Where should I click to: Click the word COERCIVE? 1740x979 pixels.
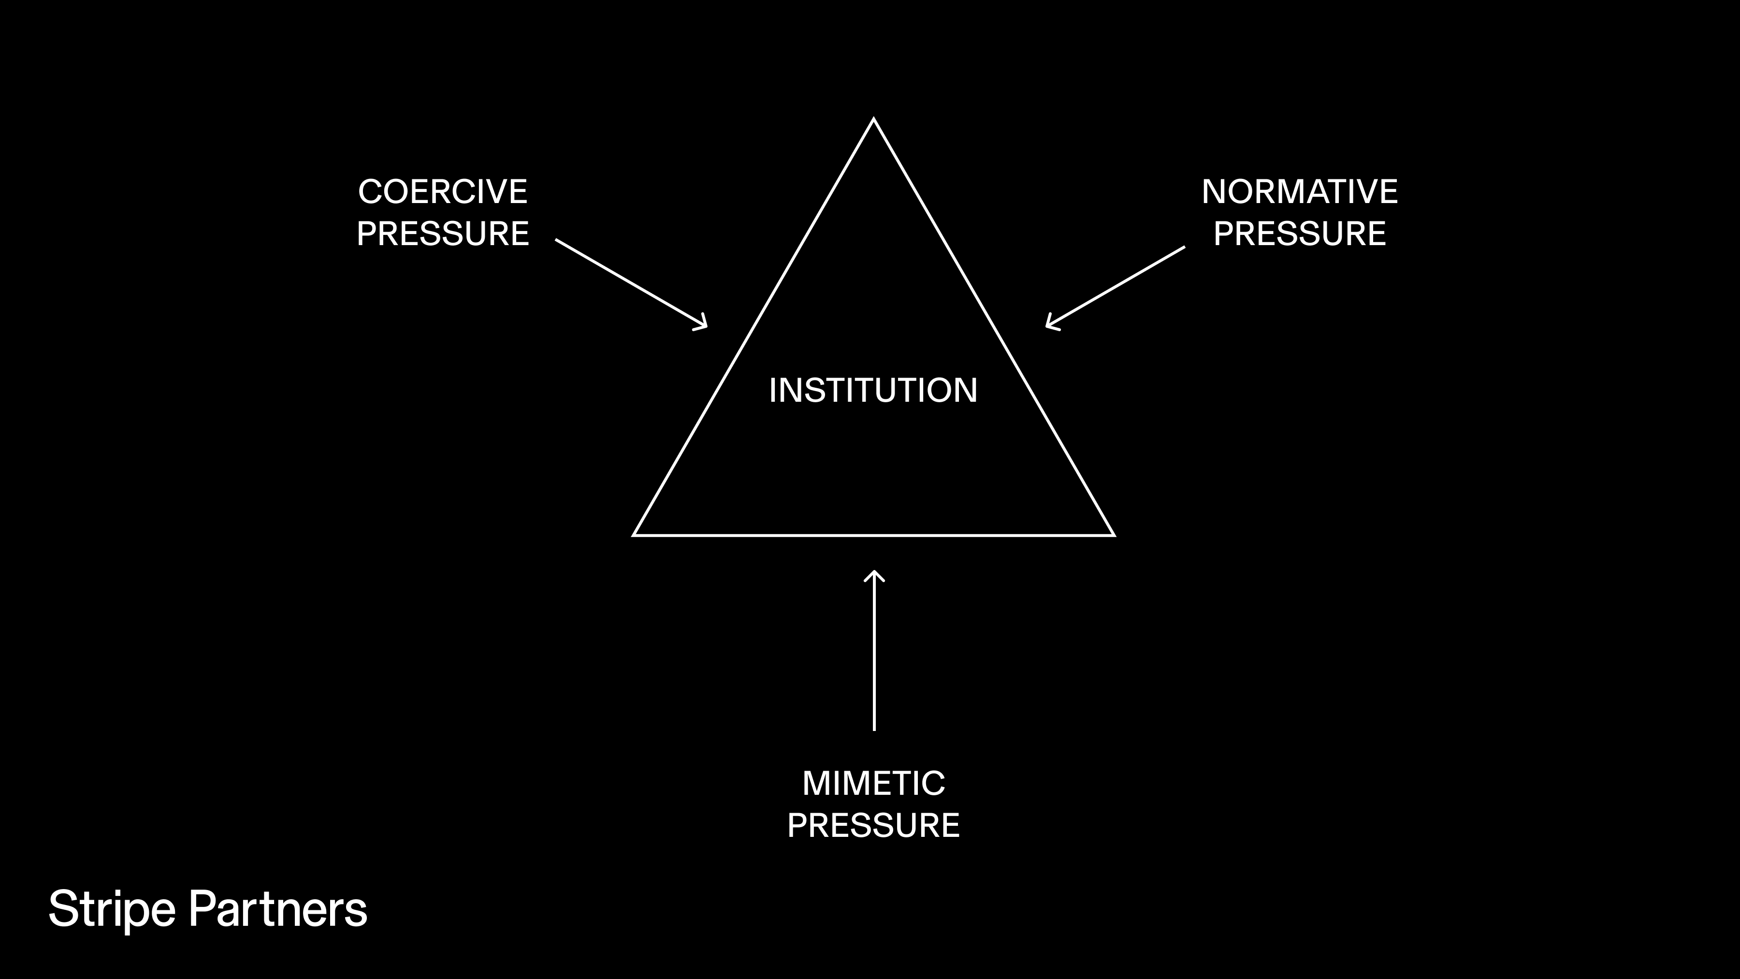coord(442,192)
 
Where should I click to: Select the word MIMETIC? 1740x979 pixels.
coord(873,784)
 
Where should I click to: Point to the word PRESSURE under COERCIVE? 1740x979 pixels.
coord(442,234)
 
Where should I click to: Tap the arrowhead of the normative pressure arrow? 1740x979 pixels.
coord(1048,326)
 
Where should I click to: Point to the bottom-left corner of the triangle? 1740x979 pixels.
coord(634,534)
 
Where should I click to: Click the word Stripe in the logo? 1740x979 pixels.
coord(112,909)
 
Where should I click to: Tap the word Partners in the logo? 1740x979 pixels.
coord(277,909)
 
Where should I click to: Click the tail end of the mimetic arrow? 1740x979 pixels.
coord(874,729)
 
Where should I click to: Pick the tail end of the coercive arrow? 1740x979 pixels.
coord(557,240)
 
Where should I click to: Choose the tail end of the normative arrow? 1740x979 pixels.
coord(1183,247)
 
